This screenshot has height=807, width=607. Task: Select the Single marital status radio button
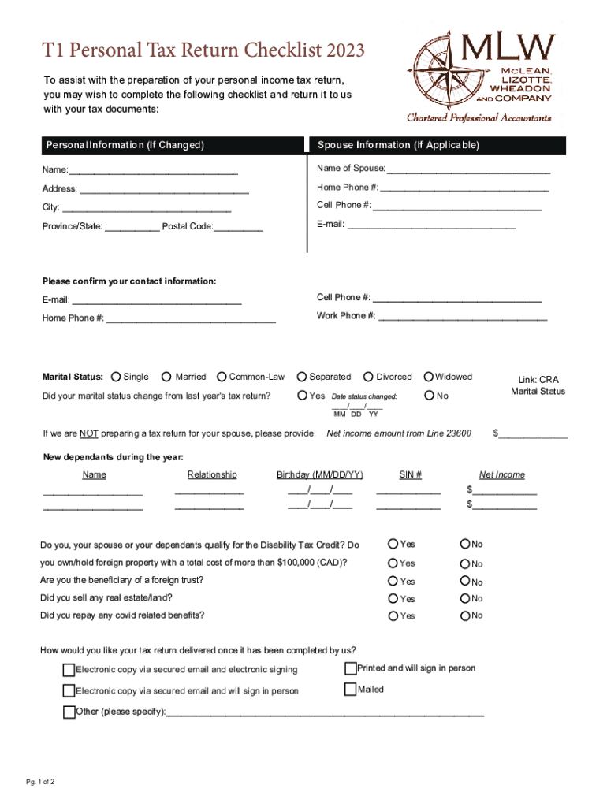117,377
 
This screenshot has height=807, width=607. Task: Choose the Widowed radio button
429,377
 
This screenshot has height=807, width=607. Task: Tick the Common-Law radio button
222,377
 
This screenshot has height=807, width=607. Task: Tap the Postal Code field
239,229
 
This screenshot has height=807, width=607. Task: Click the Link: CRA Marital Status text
538,385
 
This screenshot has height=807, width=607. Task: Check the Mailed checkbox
351,690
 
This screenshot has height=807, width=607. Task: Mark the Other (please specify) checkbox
69,712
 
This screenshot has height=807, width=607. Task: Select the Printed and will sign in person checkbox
351,668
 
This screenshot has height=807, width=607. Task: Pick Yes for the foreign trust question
393,582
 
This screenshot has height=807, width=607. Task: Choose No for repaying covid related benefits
466,615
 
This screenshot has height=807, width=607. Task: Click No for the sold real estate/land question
466,599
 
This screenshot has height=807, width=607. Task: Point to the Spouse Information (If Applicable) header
398,146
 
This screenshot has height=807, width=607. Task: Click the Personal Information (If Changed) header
125,146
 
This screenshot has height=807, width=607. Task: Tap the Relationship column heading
212,474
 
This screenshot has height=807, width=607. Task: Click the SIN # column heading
410,474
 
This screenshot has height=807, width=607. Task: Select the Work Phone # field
463,318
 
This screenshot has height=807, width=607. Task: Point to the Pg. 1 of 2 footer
40,782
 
